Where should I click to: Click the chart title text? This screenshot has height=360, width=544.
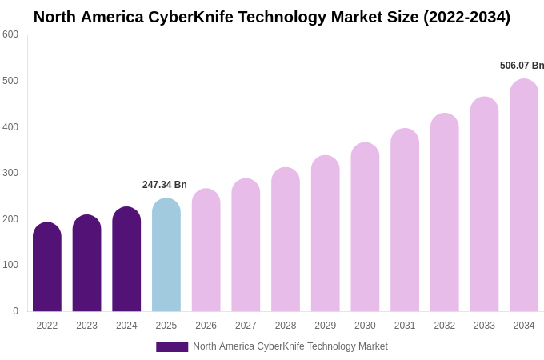[272, 17]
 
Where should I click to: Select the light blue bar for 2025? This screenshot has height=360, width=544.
[166, 256]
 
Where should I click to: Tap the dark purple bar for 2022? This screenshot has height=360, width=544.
[47, 268]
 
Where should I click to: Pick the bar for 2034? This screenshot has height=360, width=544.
[524, 196]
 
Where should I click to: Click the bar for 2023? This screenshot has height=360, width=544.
[86, 264]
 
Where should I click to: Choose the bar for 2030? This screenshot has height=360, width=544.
[365, 228]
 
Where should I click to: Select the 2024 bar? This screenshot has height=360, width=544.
[126, 260]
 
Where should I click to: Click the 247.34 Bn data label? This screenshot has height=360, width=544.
[165, 185]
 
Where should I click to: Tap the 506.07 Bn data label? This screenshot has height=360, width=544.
[522, 66]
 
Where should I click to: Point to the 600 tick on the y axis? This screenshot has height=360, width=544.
[10, 34]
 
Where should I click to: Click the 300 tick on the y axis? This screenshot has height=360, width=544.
[10, 173]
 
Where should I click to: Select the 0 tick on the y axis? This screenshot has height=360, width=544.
[15, 311]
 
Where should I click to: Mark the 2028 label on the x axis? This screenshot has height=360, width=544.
[286, 326]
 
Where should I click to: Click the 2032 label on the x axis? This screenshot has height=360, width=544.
[445, 326]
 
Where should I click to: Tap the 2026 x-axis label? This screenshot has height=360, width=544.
[206, 326]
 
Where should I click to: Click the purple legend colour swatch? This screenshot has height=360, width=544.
[172, 347]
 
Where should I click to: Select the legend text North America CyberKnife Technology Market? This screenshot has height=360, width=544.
[290, 346]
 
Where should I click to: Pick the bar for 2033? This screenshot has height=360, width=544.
[484, 205]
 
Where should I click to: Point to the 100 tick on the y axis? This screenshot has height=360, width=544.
[10, 265]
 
